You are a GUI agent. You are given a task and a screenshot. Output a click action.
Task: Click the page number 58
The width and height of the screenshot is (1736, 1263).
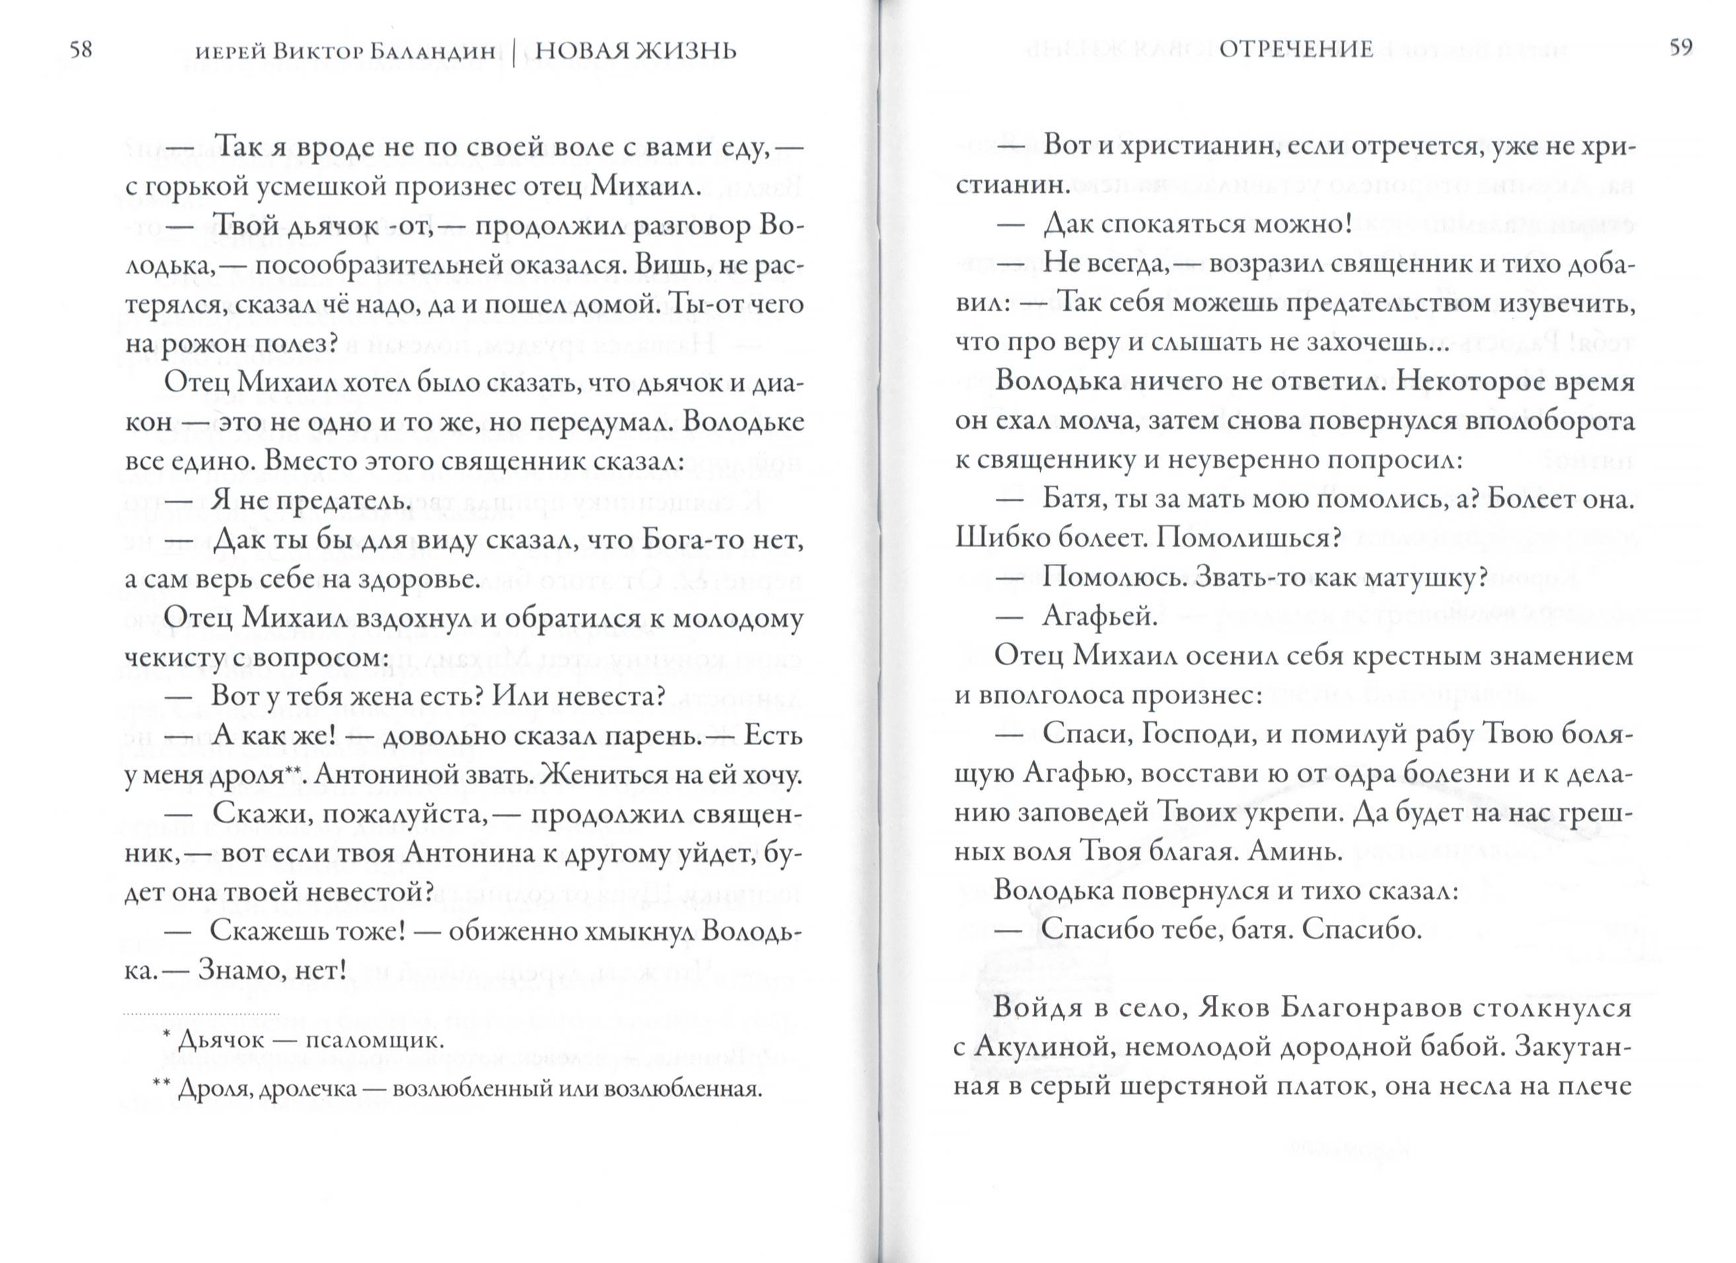pos(81,50)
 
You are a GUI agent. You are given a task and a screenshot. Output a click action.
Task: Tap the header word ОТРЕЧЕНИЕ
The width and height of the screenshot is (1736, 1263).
pos(1297,50)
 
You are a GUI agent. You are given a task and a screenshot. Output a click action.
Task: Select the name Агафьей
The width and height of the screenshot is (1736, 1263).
pos(1099,617)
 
